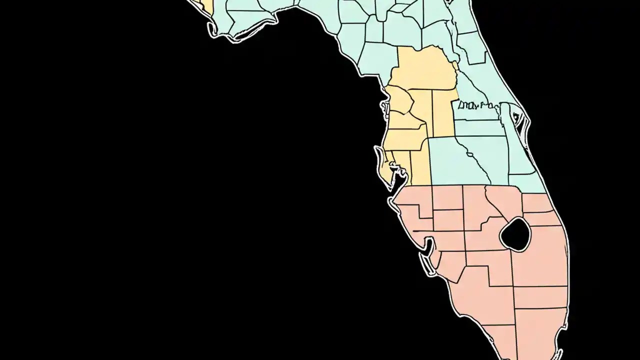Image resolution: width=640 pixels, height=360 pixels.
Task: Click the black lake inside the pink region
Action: [x=515, y=233]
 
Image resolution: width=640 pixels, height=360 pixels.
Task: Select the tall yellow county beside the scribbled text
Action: [x=444, y=112]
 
